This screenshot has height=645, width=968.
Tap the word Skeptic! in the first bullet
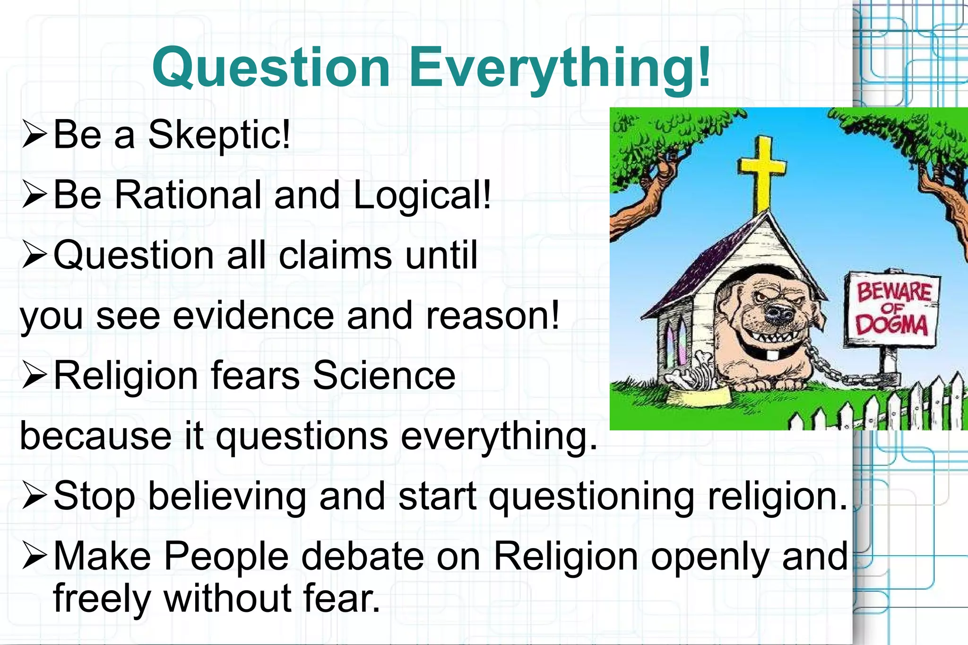point(219,135)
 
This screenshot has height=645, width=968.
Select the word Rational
point(188,195)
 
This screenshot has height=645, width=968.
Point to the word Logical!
point(422,196)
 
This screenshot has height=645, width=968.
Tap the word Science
point(384,376)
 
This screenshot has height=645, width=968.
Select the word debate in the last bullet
point(363,557)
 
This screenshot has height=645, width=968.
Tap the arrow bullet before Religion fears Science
point(34,376)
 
